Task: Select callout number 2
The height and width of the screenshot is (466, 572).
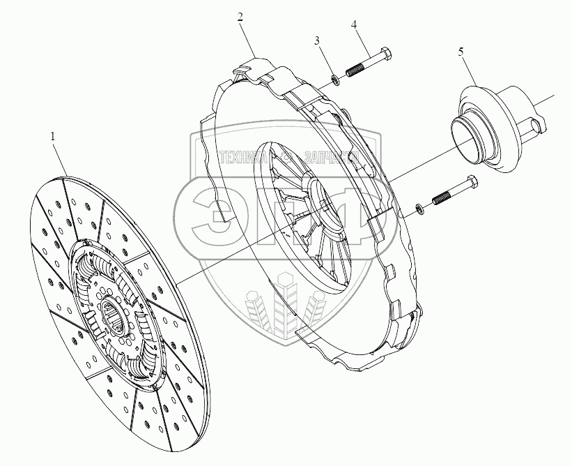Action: pyautogui.click(x=240, y=17)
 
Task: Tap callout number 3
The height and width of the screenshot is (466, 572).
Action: pyautogui.click(x=317, y=41)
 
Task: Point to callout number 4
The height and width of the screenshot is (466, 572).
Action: pyautogui.click(x=354, y=25)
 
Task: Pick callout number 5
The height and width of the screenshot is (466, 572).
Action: pyautogui.click(x=461, y=52)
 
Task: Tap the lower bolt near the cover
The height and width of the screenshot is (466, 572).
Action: pyautogui.click(x=452, y=191)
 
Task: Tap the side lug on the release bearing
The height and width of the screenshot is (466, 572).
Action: pyautogui.click(x=539, y=126)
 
